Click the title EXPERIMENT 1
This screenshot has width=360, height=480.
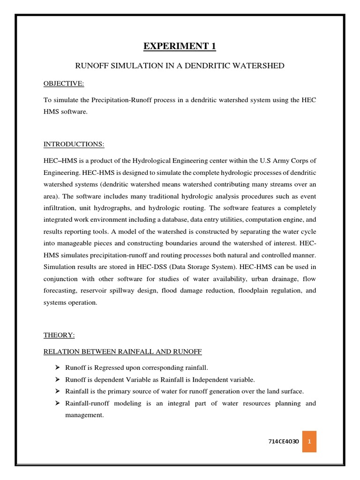[x=180, y=46]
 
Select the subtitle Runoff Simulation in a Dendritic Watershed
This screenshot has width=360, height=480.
[x=180, y=66]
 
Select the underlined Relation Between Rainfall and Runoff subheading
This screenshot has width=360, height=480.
[x=123, y=352]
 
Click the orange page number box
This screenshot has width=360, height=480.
[x=309, y=442]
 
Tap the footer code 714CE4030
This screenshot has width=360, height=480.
[x=283, y=442]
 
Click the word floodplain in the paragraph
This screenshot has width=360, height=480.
[x=242, y=291]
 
